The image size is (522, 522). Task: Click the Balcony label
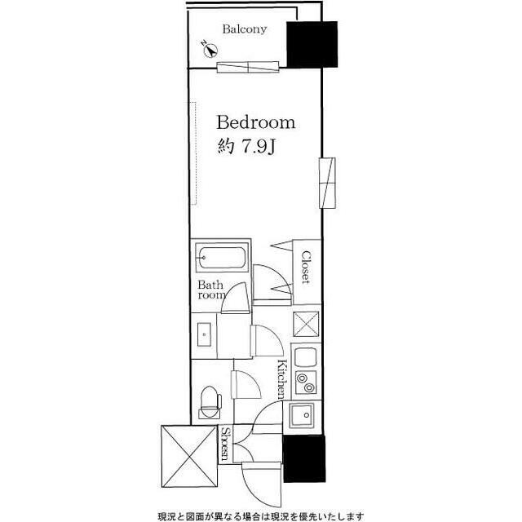(245, 29)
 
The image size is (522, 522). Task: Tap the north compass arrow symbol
(210, 51)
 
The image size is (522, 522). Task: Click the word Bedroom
(256, 122)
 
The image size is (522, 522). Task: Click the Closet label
(306, 267)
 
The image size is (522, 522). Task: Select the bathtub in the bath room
(221, 258)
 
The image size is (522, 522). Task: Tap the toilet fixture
(210, 402)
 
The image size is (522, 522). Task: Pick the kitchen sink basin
(301, 415)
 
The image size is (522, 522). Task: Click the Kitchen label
(281, 379)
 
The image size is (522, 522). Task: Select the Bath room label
(212, 290)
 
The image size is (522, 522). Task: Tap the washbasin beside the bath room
(204, 334)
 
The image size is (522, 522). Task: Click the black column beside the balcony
(312, 45)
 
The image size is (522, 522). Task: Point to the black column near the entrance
(304, 458)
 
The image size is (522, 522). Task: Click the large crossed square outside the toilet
(189, 456)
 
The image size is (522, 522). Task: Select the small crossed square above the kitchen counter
(306, 324)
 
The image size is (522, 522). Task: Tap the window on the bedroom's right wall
(327, 183)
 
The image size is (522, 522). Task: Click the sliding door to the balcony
(248, 67)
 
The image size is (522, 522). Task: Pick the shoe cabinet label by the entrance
(226, 444)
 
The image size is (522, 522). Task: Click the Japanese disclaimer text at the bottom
(261, 516)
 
